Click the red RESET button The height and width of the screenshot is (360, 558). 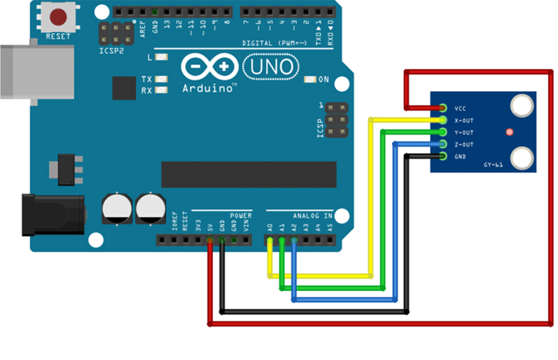58,17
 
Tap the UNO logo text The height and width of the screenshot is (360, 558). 271,67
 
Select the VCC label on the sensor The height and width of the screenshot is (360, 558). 459,108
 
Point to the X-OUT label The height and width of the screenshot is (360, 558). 463,120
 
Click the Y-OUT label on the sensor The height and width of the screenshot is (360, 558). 463,132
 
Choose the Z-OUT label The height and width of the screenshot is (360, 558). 463,144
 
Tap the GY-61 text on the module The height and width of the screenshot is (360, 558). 493,164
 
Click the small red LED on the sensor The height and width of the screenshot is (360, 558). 509,132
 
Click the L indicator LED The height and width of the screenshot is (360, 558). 161,57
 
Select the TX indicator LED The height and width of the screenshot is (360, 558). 161,79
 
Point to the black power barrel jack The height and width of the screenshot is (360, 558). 52,216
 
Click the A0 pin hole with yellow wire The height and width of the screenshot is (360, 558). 270,240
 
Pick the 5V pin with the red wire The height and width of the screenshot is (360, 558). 210,240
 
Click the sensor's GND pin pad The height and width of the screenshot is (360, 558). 442,156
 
